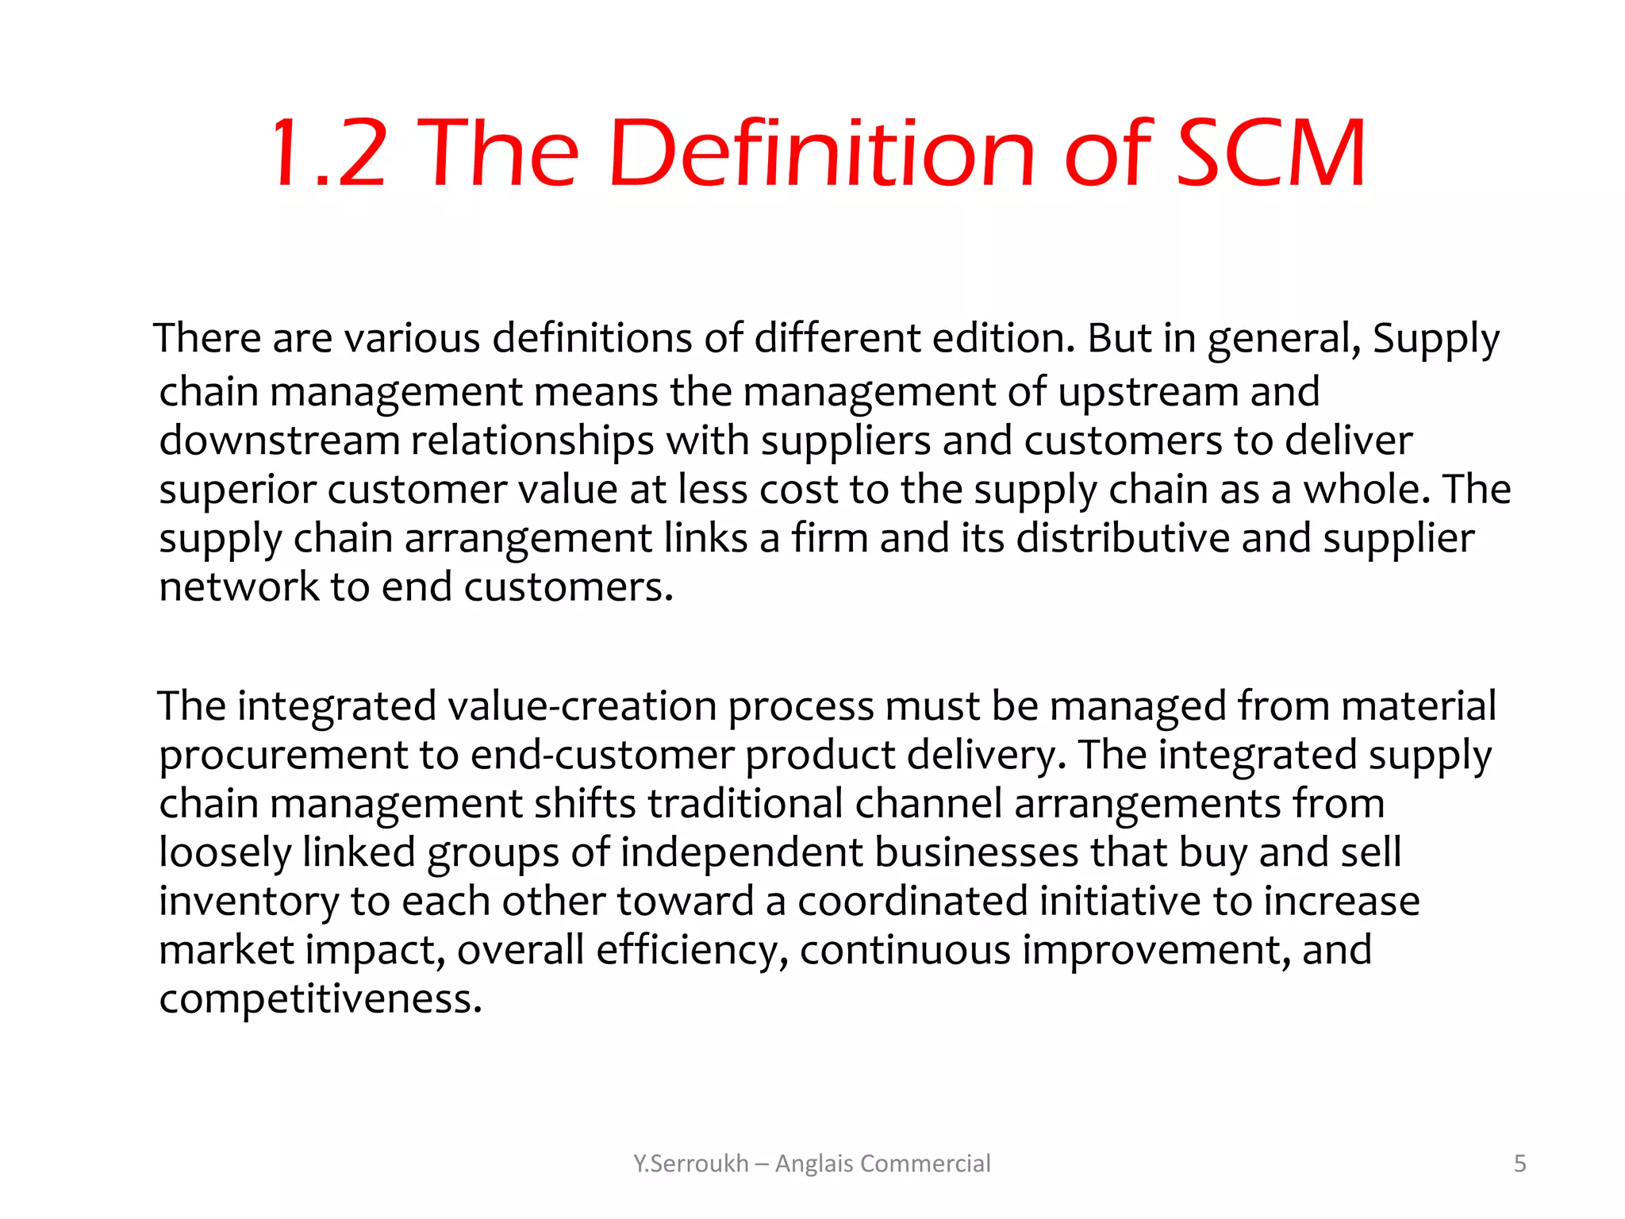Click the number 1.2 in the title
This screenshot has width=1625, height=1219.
329,153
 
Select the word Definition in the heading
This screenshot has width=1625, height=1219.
822,153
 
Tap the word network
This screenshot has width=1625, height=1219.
239,587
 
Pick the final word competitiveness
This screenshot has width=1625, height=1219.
320,999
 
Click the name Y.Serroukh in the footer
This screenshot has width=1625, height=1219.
690,1163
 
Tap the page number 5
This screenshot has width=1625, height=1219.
1519,1163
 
